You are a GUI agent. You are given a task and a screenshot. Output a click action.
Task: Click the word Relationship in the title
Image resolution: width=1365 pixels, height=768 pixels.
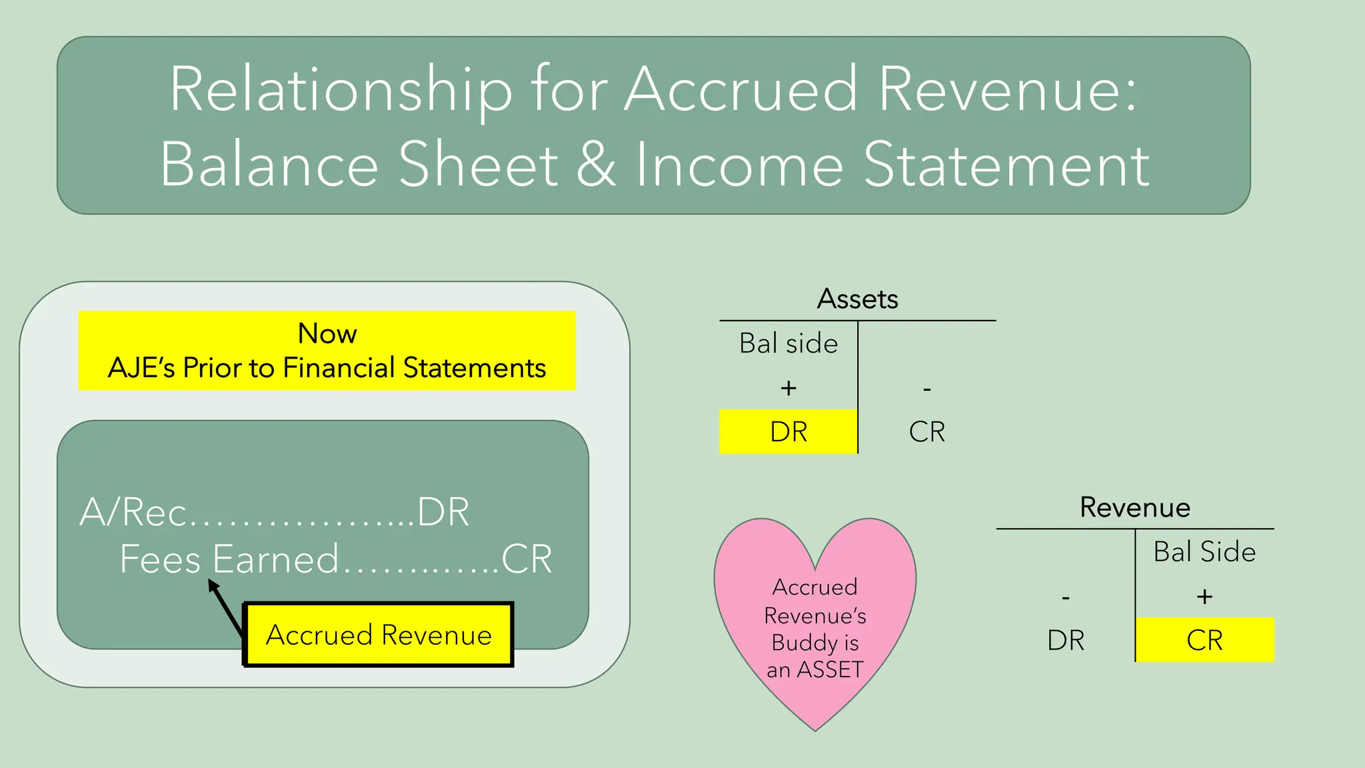(x=341, y=90)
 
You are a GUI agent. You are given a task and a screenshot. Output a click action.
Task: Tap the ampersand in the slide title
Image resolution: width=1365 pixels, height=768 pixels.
(x=595, y=165)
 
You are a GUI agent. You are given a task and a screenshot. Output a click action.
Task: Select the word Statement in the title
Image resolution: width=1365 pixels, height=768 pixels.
(x=1006, y=165)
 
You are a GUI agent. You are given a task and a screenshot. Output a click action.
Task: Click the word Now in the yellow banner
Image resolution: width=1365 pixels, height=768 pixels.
(x=327, y=333)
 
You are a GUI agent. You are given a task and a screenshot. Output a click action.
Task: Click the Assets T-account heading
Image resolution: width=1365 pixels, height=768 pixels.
(x=857, y=299)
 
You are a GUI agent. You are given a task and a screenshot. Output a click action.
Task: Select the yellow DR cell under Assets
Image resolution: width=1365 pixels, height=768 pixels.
(x=788, y=432)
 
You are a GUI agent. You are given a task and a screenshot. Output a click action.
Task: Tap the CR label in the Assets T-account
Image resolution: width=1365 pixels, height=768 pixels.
(x=926, y=432)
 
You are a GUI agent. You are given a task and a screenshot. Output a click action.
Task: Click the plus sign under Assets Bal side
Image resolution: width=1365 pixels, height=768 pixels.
(x=788, y=388)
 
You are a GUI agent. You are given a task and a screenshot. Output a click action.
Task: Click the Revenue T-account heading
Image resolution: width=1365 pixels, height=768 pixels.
(x=1134, y=507)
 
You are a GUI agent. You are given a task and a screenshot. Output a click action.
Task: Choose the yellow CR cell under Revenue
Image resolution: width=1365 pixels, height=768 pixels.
(x=1204, y=640)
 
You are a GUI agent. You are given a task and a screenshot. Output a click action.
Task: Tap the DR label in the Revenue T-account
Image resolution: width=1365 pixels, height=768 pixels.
(x=1066, y=640)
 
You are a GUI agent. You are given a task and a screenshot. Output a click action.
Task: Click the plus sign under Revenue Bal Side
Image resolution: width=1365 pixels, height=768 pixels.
(x=1204, y=596)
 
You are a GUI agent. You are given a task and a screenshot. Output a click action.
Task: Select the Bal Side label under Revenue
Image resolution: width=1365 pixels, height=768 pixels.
(x=1204, y=552)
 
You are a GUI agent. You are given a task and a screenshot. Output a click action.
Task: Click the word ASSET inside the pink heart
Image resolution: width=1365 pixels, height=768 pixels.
(x=830, y=669)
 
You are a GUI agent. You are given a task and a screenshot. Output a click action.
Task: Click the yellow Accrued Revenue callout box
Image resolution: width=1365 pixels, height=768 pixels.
(x=379, y=635)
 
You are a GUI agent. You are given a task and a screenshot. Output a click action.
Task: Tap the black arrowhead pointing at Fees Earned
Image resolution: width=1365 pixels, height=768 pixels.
(x=213, y=585)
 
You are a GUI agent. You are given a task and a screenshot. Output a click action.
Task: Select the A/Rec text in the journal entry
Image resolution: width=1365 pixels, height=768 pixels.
(x=133, y=513)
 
